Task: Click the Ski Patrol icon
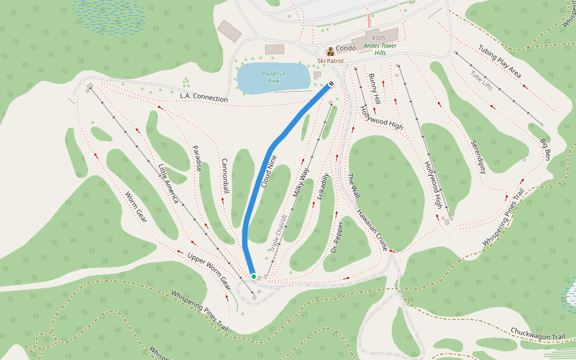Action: click(330, 52)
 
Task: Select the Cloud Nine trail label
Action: click(269, 172)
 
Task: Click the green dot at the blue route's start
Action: click(254, 276)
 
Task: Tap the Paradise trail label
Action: click(196, 158)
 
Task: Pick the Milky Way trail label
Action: click(301, 184)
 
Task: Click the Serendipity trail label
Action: click(478, 157)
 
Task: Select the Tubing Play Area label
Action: click(499, 62)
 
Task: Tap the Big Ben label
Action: click(545, 149)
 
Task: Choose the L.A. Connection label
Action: click(204, 97)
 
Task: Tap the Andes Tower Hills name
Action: click(388, 49)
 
